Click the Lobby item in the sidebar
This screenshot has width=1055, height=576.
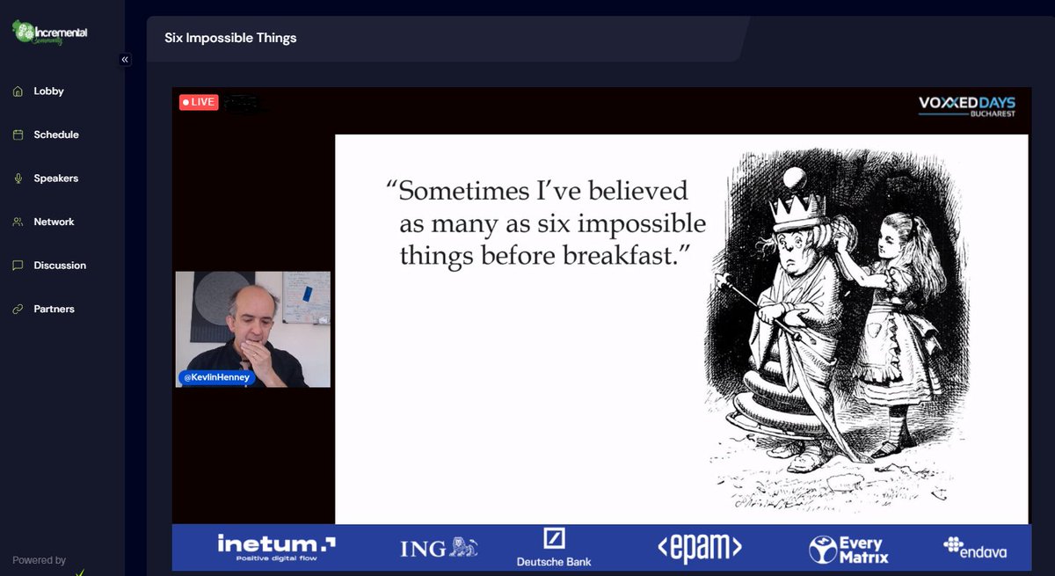pyautogui.click(x=48, y=91)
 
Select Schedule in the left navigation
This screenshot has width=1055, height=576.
pyautogui.click(x=55, y=135)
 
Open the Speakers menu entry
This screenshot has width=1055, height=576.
pyautogui.click(x=55, y=179)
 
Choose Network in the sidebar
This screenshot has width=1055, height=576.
pyautogui.click(x=54, y=222)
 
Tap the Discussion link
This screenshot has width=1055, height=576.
pyautogui.click(x=60, y=266)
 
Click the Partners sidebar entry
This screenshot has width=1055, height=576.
pyautogui.click(x=54, y=309)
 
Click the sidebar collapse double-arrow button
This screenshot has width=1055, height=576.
pyautogui.click(x=125, y=60)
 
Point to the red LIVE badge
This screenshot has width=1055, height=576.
pyautogui.click(x=198, y=102)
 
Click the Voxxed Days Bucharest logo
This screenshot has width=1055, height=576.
pyautogui.click(x=967, y=106)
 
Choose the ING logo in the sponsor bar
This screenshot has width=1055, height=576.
pyautogui.click(x=440, y=548)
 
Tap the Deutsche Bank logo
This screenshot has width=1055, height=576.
pyautogui.click(x=554, y=547)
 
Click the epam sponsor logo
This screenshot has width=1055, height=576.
pyautogui.click(x=700, y=547)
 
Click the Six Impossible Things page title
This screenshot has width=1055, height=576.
pyautogui.click(x=230, y=38)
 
